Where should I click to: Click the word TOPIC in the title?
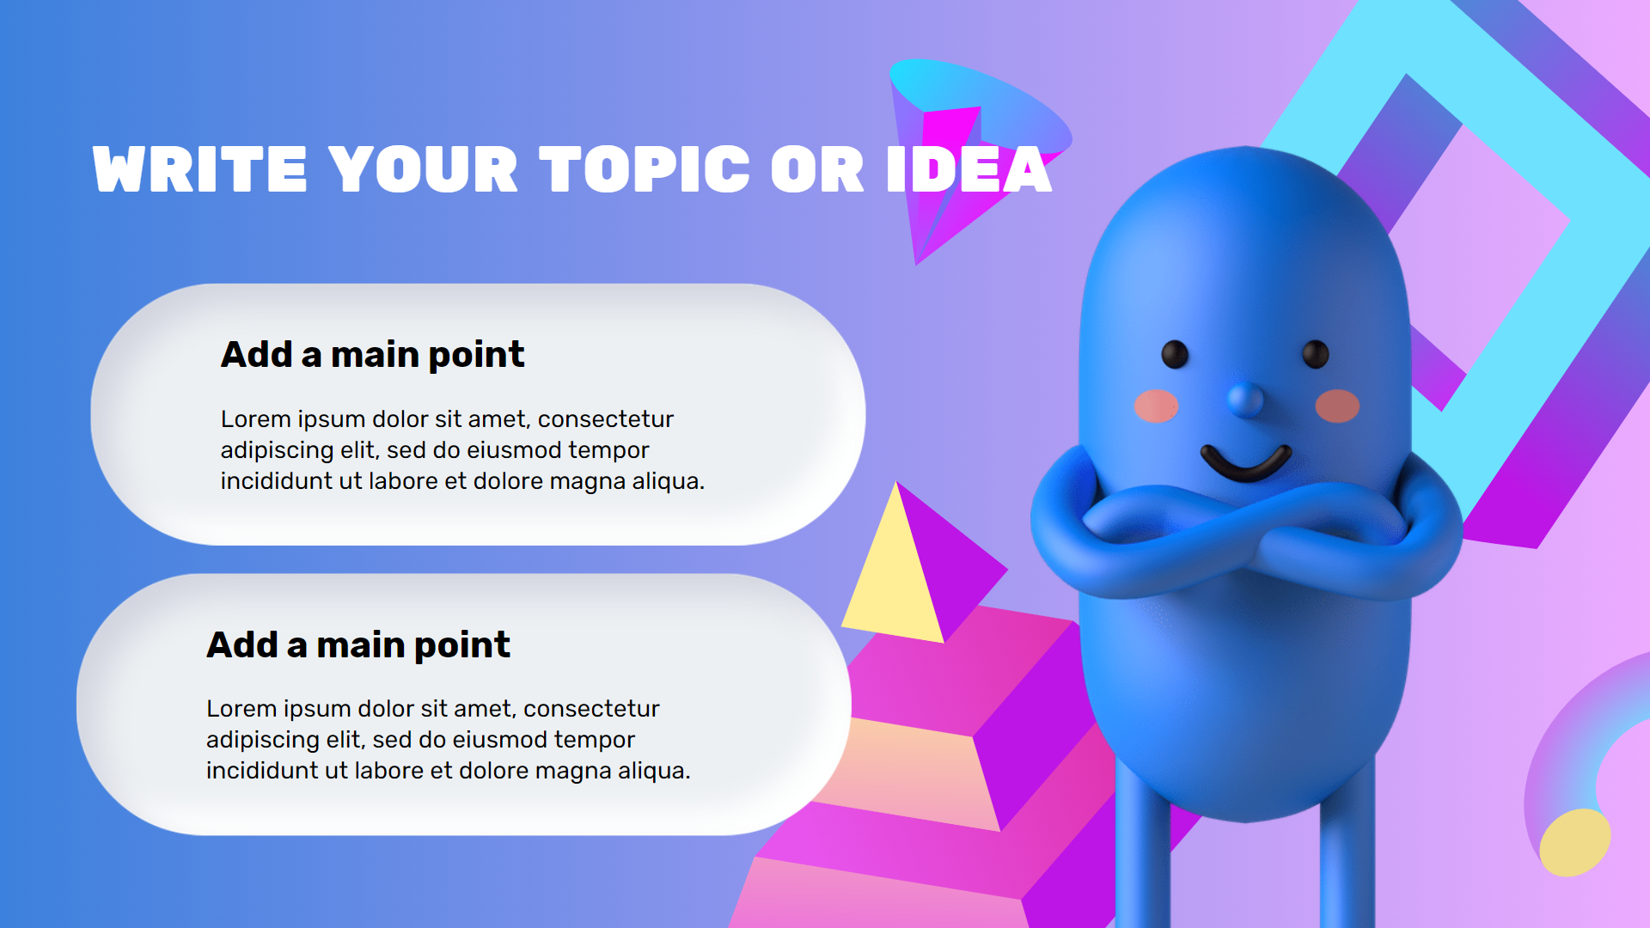coord(645,169)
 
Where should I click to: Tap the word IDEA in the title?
coord(969,169)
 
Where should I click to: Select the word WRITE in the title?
coord(199,169)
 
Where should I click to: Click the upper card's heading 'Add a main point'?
coord(372,355)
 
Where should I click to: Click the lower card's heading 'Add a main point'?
coord(357,645)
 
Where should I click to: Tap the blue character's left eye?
coord(1175,354)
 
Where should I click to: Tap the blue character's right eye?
coord(1315,354)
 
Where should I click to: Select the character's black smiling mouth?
coord(1245,465)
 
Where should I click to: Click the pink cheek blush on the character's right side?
coord(1337,406)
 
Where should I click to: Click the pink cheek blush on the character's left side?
coord(1156,406)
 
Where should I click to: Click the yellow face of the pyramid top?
coord(894,584)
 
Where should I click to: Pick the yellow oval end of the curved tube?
coord(1574,843)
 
